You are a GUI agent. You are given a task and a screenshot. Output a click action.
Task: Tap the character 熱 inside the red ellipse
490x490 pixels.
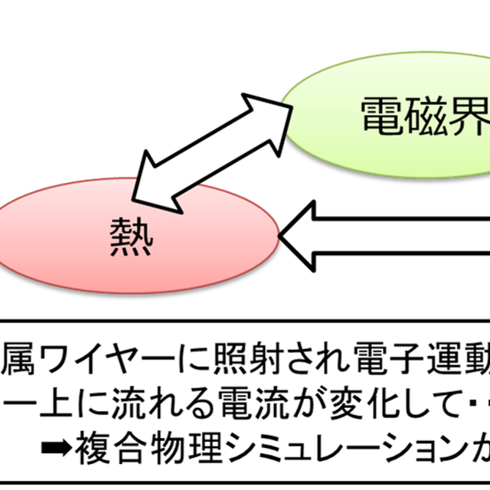[x=131, y=240]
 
